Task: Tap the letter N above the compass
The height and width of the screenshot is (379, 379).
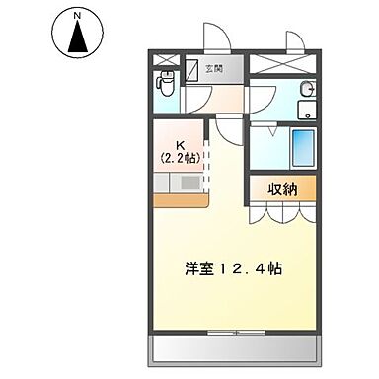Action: pos(77,16)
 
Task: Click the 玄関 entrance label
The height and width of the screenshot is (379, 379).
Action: pos(214,68)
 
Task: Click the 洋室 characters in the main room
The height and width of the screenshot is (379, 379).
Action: pos(197,268)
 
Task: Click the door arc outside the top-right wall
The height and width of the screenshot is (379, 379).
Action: pos(294,38)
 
